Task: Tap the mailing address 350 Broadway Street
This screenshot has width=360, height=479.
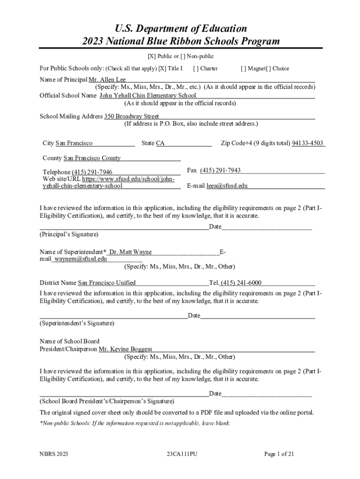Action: [x=131, y=116]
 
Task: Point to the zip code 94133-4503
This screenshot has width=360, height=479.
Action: [x=308, y=143]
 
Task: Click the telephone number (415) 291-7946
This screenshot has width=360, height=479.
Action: [x=92, y=172]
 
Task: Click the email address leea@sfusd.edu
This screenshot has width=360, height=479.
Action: [x=227, y=186]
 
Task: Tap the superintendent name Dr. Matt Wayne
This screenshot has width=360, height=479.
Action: [x=130, y=252]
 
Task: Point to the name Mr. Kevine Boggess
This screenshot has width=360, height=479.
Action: [x=125, y=349]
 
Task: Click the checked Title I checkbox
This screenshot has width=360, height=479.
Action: [x=162, y=68]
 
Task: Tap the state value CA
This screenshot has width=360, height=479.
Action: [x=160, y=143]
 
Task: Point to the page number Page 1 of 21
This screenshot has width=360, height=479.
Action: [x=279, y=454]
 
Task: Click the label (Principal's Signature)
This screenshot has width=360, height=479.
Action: [x=69, y=234]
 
